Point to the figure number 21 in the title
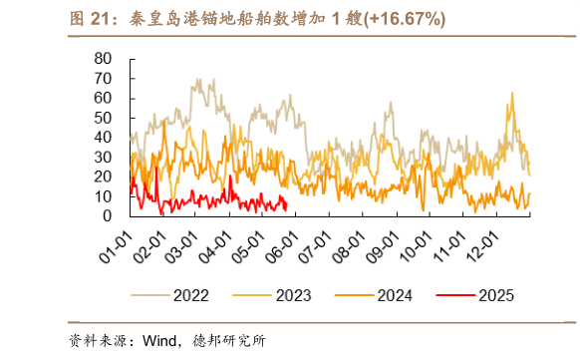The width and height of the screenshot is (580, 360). click(102, 19)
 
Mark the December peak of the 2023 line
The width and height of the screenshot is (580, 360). click(512, 94)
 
